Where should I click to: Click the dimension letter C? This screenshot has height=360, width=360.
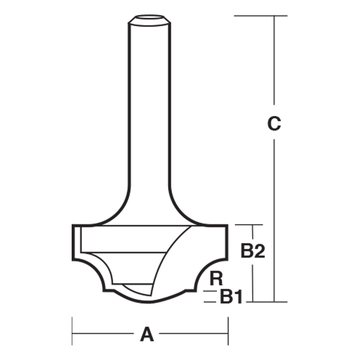(274, 123)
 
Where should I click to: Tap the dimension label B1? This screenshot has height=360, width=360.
(230, 297)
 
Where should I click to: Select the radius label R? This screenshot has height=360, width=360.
(217, 278)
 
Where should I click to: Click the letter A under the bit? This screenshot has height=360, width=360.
(147, 335)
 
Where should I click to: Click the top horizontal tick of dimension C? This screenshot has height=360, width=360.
(261, 16)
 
